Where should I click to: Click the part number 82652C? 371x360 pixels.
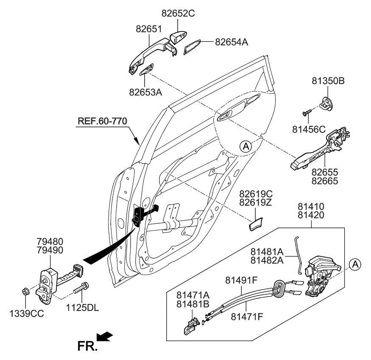click(177, 13)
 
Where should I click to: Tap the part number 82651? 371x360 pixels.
click(149, 29)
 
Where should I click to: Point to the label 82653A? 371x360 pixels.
click(145, 91)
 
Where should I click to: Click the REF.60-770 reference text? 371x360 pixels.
click(102, 122)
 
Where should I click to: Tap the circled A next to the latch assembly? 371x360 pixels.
click(355, 264)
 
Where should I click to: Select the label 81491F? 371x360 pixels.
click(241, 280)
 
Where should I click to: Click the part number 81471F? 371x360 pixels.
click(247, 316)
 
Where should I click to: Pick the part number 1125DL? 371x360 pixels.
click(83, 308)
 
